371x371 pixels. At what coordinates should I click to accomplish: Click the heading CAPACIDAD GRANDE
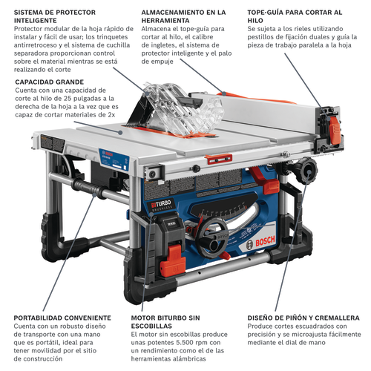(50, 82)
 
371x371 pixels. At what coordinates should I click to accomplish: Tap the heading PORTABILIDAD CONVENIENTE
(62, 318)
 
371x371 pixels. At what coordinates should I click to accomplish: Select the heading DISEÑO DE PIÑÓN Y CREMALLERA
(303, 318)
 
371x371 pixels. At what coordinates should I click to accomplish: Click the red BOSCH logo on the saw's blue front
(265, 240)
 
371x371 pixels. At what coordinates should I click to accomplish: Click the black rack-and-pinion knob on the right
(309, 171)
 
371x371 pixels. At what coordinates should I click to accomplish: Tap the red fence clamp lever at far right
(335, 130)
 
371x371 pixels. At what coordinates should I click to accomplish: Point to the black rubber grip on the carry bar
(87, 188)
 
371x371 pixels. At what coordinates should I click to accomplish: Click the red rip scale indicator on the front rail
(218, 160)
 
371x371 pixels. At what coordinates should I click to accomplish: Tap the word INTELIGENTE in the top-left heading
(35, 21)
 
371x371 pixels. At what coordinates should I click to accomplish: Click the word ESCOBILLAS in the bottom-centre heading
(151, 326)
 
